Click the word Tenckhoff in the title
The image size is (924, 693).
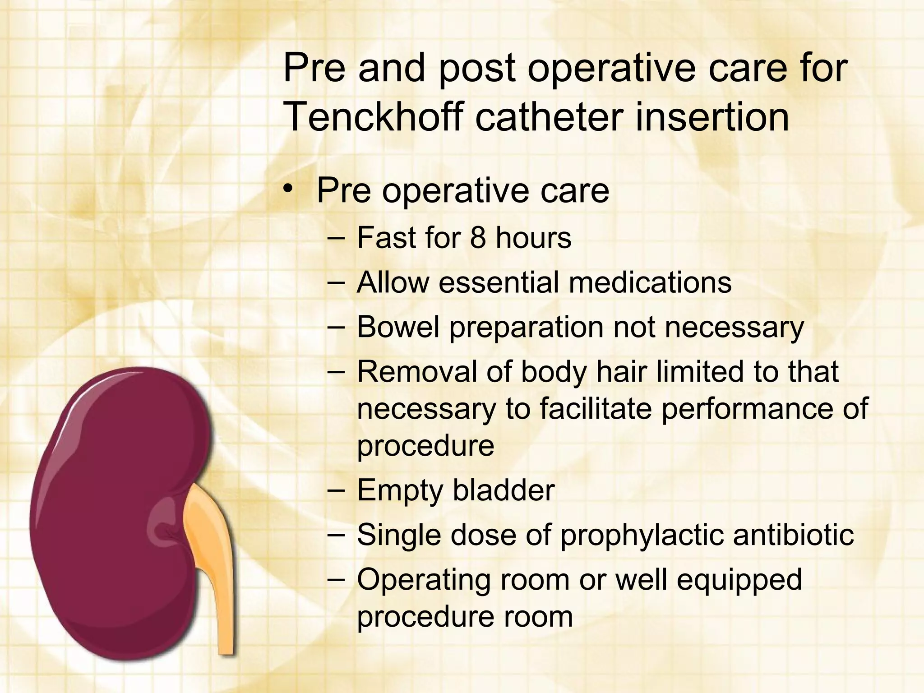[x=373, y=117]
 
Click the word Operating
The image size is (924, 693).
[x=424, y=580]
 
